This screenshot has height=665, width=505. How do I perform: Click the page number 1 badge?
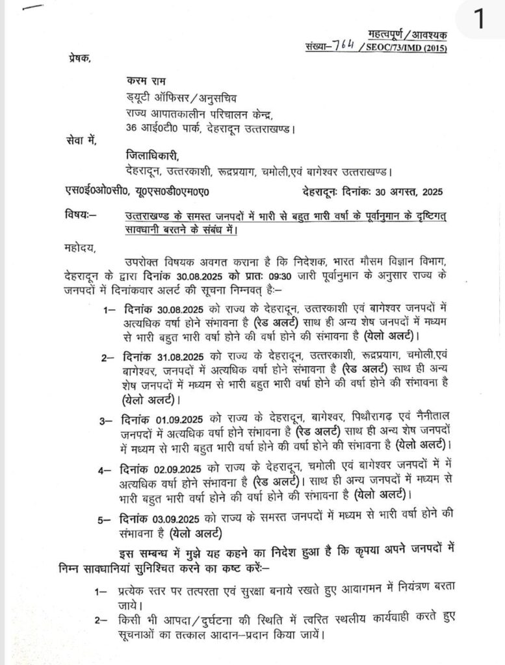(479, 20)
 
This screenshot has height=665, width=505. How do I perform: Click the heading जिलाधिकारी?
(152, 157)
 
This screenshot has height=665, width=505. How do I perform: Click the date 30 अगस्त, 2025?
(398, 193)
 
